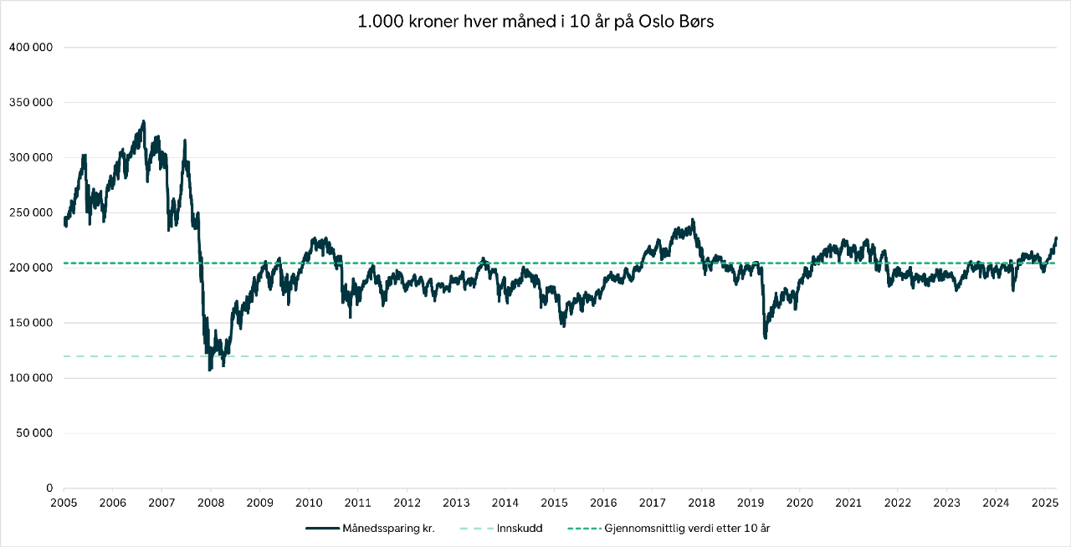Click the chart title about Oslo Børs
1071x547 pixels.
click(535, 22)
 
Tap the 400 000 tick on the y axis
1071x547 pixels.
click(31, 48)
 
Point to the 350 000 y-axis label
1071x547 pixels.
click(31, 103)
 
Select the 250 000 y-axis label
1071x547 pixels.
click(31, 212)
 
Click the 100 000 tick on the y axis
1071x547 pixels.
click(31, 378)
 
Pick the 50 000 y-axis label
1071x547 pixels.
click(33, 433)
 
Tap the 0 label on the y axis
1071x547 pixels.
click(49, 488)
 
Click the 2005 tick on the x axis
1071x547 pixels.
click(64, 503)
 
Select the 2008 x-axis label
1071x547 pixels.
click(211, 503)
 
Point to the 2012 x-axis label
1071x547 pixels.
click(407, 503)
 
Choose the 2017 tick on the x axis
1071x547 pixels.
click(652, 503)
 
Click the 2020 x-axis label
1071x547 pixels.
click(799, 503)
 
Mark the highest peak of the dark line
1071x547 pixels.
click(143, 121)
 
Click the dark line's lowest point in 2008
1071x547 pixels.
click(210, 369)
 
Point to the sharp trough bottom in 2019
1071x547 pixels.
click(766, 337)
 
